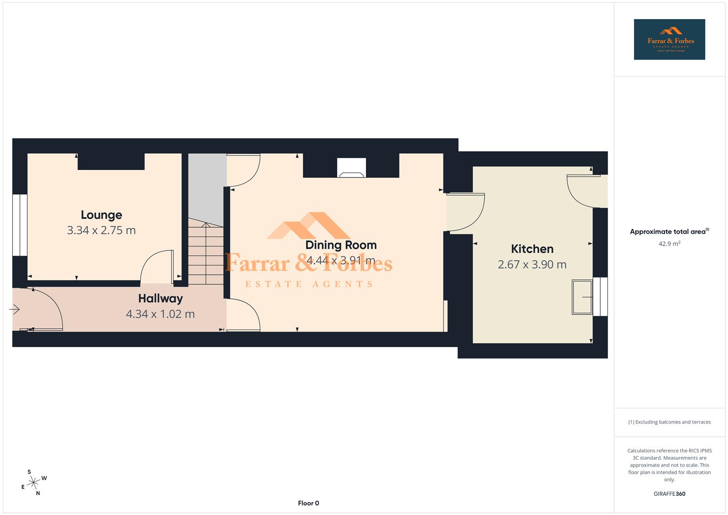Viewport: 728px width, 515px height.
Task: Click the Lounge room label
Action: click(x=101, y=215)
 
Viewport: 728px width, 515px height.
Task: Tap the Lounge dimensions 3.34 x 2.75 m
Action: click(x=101, y=230)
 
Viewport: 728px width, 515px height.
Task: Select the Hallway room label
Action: click(x=160, y=299)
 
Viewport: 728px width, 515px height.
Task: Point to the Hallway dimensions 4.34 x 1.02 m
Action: click(x=160, y=314)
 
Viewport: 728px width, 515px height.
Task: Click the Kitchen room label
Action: click(x=532, y=249)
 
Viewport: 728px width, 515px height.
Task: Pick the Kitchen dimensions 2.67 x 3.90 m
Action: click(x=532, y=265)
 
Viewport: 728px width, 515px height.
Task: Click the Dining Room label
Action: click(x=341, y=245)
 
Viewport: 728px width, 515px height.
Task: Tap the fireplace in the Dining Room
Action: click(x=351, y=168)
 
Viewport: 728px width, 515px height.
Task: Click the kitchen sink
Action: click(x=582, y=297)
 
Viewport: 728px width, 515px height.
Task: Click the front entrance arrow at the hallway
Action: click(x=14, y=310)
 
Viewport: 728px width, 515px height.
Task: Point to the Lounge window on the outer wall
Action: click(x=20, y=225)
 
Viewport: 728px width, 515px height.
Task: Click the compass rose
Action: click(x=33, y=483)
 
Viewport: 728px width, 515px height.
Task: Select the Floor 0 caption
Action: click(x=308, y=503)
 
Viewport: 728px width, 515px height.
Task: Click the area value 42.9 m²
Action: click(x=669, y=244)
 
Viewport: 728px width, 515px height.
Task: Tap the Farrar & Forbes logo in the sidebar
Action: click(x=669, y=40)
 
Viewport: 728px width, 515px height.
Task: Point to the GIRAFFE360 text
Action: click(x=669, y=494)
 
